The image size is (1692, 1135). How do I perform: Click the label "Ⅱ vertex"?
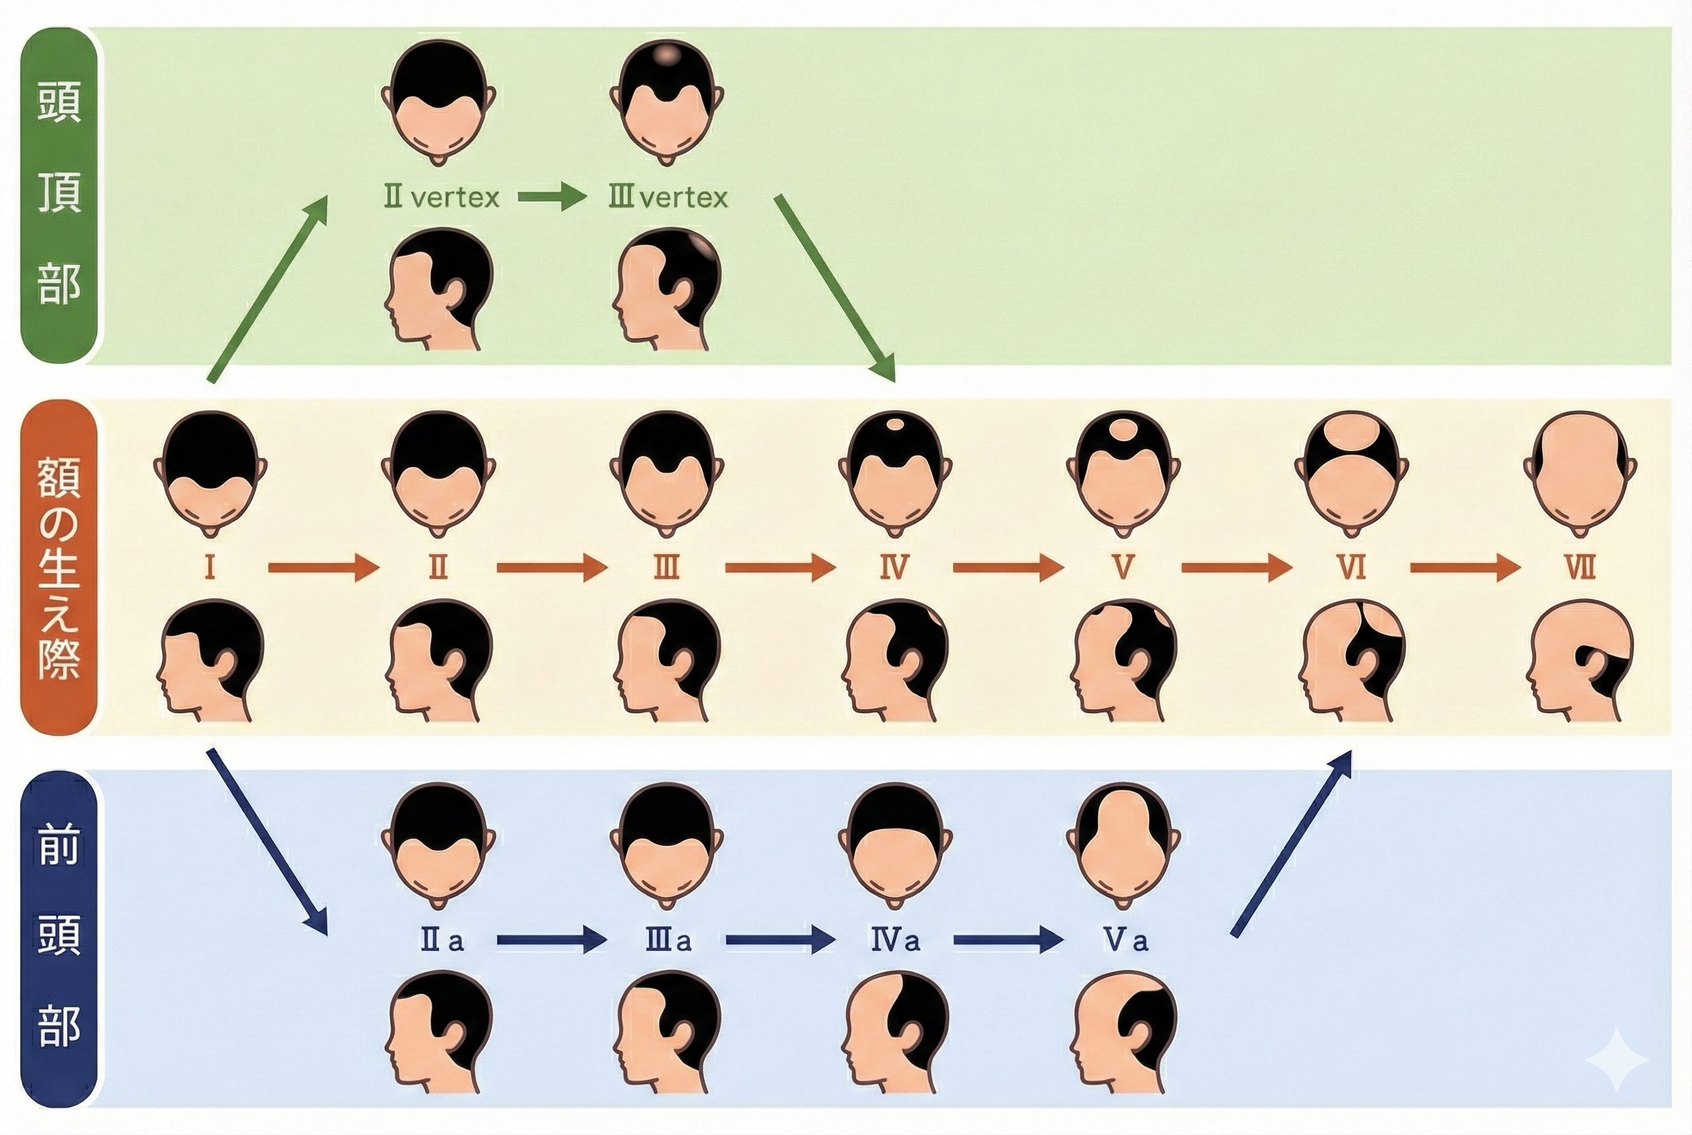tap(441, 197)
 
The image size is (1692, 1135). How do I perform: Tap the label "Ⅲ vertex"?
tap(667, 197)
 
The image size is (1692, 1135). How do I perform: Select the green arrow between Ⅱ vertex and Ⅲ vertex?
tap(552, 197)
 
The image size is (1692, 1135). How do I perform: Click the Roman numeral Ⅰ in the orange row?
tap(210, 567)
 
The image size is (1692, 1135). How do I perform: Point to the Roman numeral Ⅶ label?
tap(1579, 567)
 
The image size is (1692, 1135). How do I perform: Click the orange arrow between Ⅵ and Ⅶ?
tap(1464, 567)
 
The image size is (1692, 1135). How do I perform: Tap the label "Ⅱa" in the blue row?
tap(442, 940)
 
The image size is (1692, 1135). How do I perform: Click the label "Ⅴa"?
tap(1126, 940)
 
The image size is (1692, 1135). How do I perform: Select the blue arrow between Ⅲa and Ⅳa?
tap(780, 940)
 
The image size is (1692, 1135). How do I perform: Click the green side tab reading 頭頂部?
tap(59, 195)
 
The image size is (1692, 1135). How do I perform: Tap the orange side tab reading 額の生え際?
tap(59, 567)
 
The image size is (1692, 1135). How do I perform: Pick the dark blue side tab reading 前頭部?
tap(59, 938)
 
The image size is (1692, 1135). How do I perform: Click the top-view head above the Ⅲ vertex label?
tap(667, 101)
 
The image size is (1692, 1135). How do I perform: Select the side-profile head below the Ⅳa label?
tap(896, 1031)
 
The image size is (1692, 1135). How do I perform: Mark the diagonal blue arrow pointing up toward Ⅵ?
tap(1292, 843)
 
